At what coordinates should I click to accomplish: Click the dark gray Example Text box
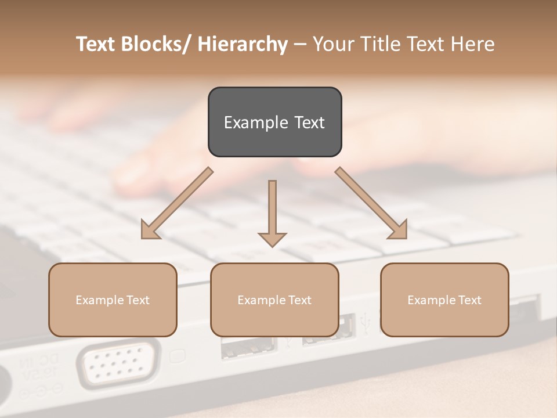tap(274, 122)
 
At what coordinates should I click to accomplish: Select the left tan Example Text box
tap(113, 300)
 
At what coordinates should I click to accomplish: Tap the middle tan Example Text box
tap(274, 300)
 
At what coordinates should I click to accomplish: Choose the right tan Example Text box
tap(444, 300)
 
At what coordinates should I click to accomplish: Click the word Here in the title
tap(472, 44)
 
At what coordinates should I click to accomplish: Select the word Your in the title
tap(333, 44)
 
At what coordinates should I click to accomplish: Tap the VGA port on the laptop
tap(120, 364)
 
